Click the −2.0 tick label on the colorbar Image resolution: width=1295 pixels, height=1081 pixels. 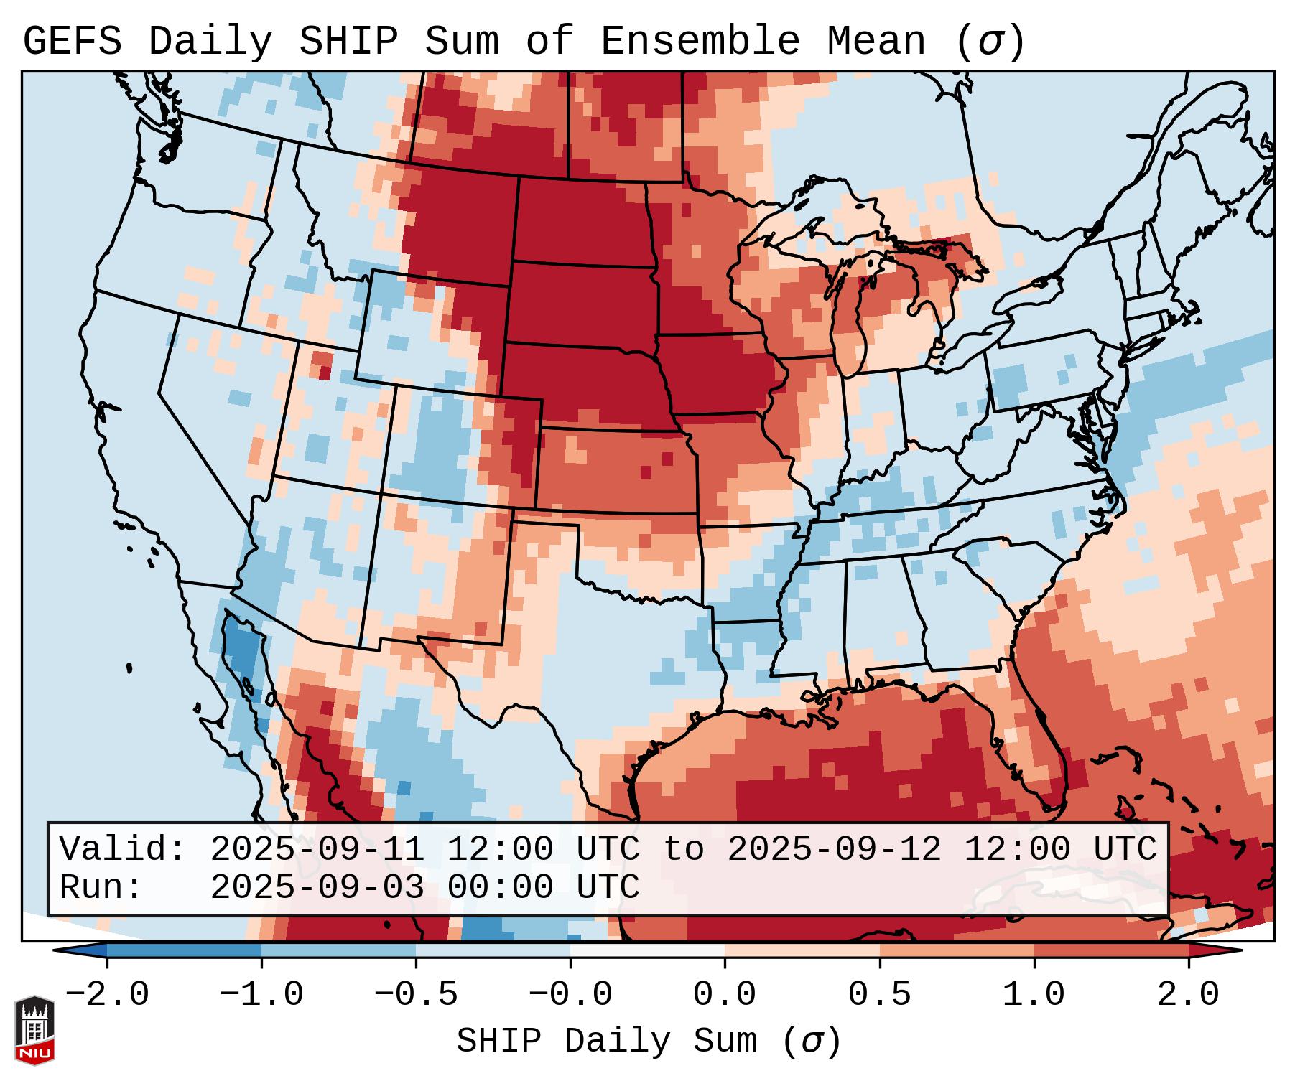coord(107,995)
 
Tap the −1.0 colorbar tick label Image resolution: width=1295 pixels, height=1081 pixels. coord(261,995)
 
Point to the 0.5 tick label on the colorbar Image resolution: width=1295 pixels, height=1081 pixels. coord(880,995)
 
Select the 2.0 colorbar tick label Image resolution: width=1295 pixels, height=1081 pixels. coord(1189,995)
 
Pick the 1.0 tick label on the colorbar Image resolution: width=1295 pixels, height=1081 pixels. coord(1034,995)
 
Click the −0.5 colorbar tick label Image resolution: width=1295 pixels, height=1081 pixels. coord(416,995)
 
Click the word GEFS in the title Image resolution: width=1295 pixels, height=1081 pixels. coord(72,42)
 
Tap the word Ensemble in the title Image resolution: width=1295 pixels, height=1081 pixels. coord(700,42)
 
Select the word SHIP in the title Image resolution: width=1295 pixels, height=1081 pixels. coord(348,42)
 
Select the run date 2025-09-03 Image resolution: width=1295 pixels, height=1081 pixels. coord(317,887)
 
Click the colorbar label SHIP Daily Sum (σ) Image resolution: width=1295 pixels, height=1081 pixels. coord(648,1042)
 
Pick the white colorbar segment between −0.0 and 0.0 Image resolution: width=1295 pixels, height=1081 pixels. coord(647,950)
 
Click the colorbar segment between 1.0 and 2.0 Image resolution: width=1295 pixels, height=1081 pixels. coord(1111,950)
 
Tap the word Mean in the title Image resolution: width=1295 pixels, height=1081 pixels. coord(876,42)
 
